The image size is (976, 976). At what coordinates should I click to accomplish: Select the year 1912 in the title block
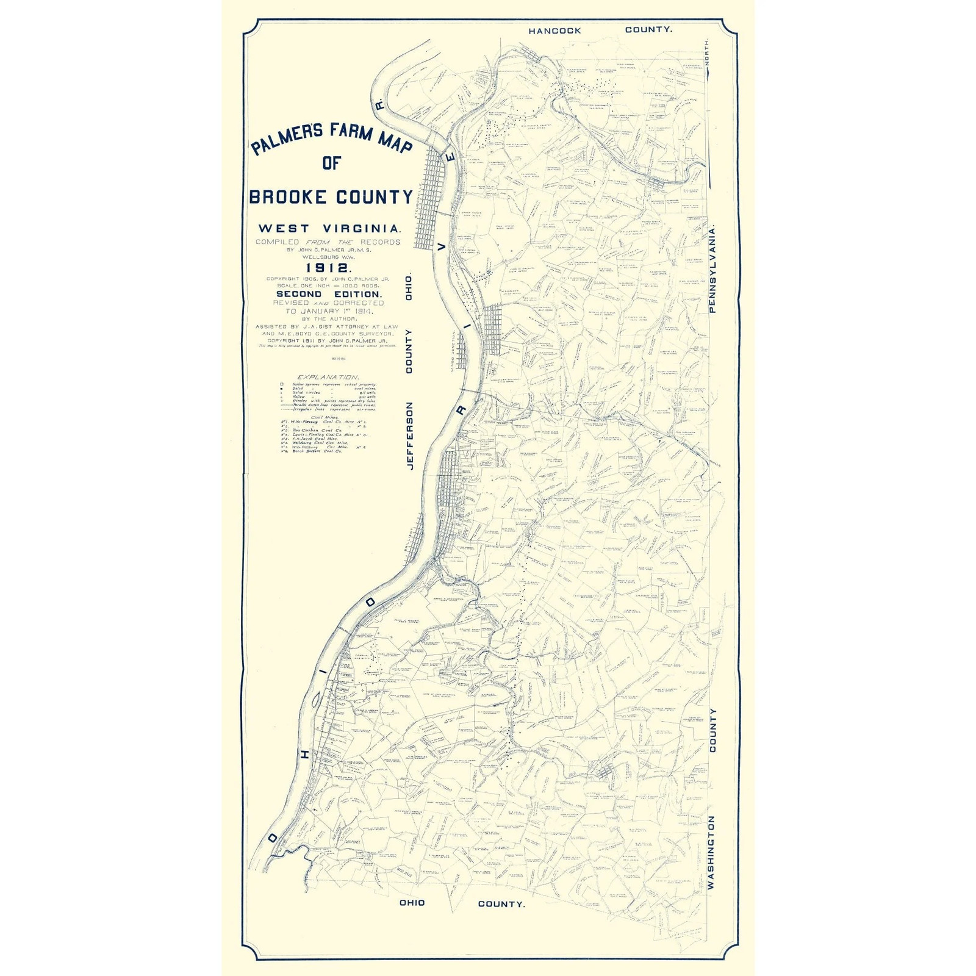pos(328,268)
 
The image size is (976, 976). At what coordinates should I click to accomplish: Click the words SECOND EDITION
pos(329,294)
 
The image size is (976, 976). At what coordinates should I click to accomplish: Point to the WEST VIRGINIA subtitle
pos(329,229)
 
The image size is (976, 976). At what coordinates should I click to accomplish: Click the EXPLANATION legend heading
pos(328,377)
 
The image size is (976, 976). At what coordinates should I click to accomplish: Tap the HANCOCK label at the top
pos(554,30)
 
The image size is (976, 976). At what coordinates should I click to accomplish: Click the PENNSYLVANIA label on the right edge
pos(712,268)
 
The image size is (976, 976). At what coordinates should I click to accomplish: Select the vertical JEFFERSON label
pos(410,435)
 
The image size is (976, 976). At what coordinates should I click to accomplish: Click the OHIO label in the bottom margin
pos(412,902)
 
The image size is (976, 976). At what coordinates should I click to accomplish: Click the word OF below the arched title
pos(331,163)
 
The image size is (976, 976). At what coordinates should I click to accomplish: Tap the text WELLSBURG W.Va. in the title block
pos(328,257)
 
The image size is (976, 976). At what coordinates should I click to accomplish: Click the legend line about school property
pos(332,384)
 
